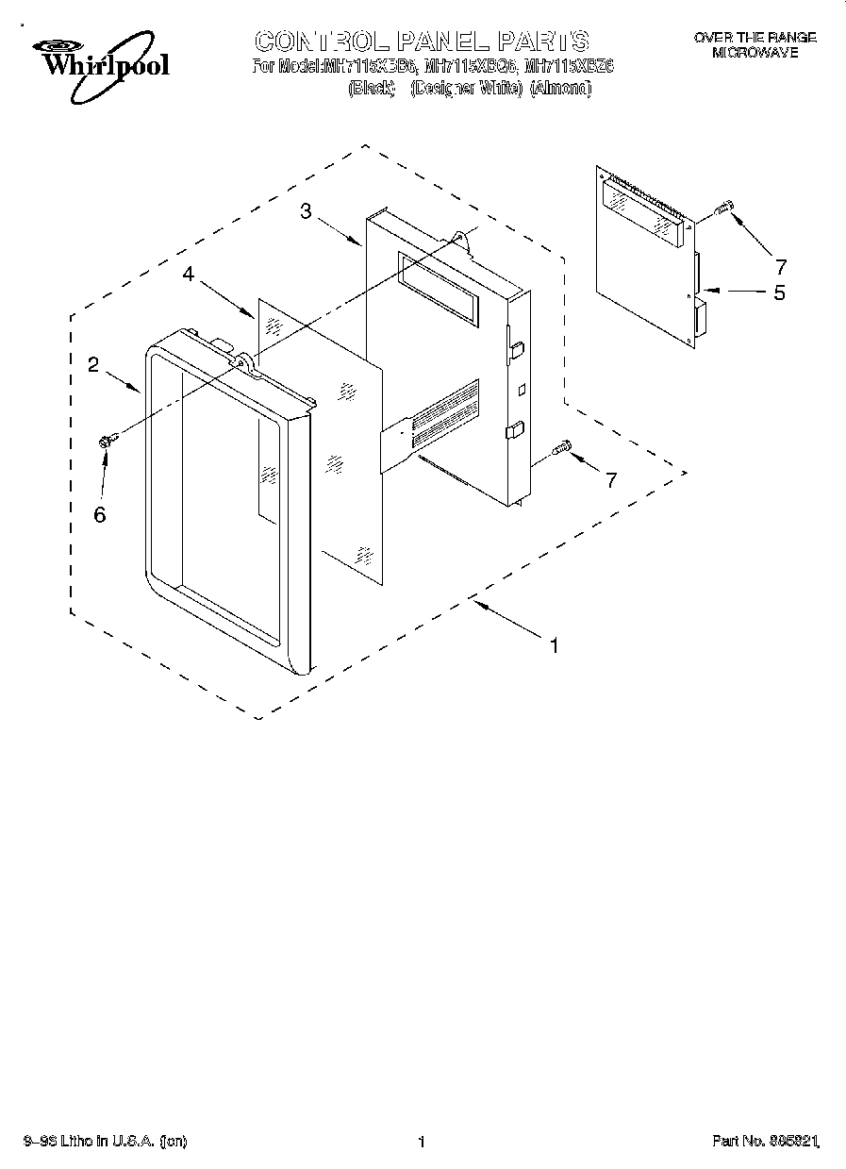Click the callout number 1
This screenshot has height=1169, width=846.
[555, 646]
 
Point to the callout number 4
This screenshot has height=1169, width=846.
[189, 275]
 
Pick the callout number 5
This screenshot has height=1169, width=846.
[779, 292]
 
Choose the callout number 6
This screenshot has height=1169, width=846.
[99, 514]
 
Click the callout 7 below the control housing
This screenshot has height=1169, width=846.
[610, 480]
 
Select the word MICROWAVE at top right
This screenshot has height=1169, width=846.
[755, 53]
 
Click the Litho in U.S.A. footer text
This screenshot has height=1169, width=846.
[104, 1143]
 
